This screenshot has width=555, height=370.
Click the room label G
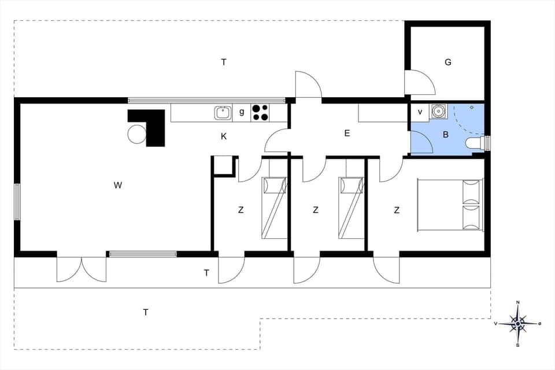[x=448, y=62]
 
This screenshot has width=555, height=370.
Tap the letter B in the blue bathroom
[x=446, y=135]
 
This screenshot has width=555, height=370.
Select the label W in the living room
[x=118, y=186]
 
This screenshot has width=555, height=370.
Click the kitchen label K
[x=223, y=136]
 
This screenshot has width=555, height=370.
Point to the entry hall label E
[x=347, y=134]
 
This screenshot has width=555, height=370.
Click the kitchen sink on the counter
[x=223, y=113]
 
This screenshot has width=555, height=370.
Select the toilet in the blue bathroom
[x=475, y=142]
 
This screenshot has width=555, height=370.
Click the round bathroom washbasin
[x=439, y=111]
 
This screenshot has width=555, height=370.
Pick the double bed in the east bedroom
[x=449, y=205]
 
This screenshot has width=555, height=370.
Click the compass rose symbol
[x=519, y=324]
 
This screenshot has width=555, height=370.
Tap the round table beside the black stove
[x=137, y=134]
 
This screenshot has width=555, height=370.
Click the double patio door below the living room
[x=82, y=269]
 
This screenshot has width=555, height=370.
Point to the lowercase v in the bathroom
[x=420, y=112]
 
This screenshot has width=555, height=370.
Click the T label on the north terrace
[x=224, y=62]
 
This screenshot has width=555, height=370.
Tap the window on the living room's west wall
[x=17, y=202]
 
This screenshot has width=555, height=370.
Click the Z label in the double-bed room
[x=397, y=210]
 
